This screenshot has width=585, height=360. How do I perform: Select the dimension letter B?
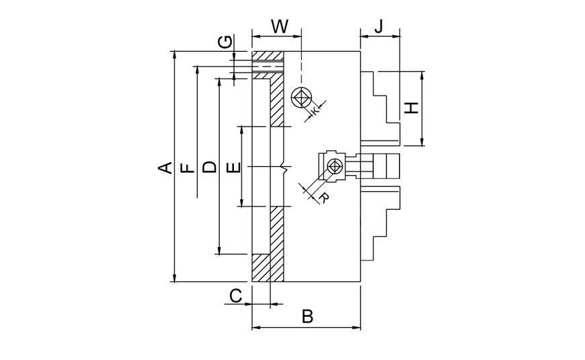point(307,316)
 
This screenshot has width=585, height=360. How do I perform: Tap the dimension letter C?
point(235,295)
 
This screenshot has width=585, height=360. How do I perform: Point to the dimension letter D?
point(210,167)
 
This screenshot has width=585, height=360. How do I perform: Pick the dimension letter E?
point(233,167)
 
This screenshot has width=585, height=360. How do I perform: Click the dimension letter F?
point(189,167)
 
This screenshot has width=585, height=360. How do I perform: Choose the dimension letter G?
point(227,42)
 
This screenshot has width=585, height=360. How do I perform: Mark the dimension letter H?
point(412,108)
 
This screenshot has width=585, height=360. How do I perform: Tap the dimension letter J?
point(379,26)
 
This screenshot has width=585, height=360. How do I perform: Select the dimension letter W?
point(279,27)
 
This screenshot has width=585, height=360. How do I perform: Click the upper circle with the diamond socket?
point(301,99)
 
